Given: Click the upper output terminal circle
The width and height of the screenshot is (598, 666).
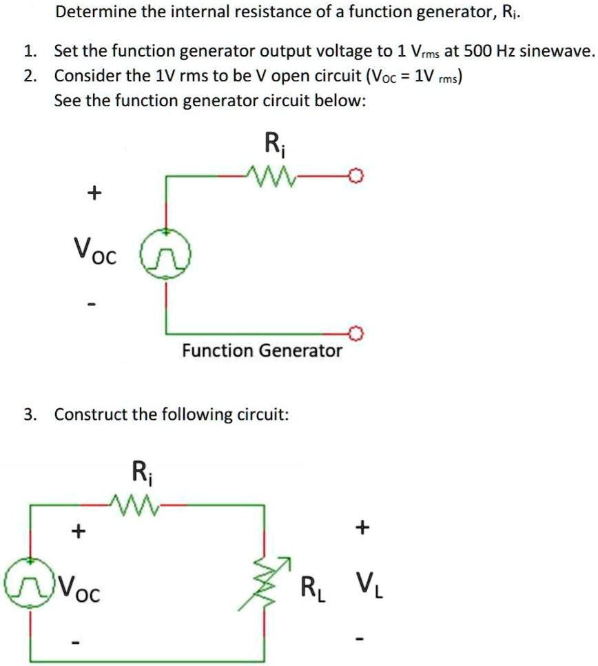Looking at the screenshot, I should point(355,176).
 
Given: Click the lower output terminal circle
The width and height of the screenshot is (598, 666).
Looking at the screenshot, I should point(355,334).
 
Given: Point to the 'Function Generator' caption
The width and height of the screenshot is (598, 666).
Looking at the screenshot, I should point(262,351).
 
